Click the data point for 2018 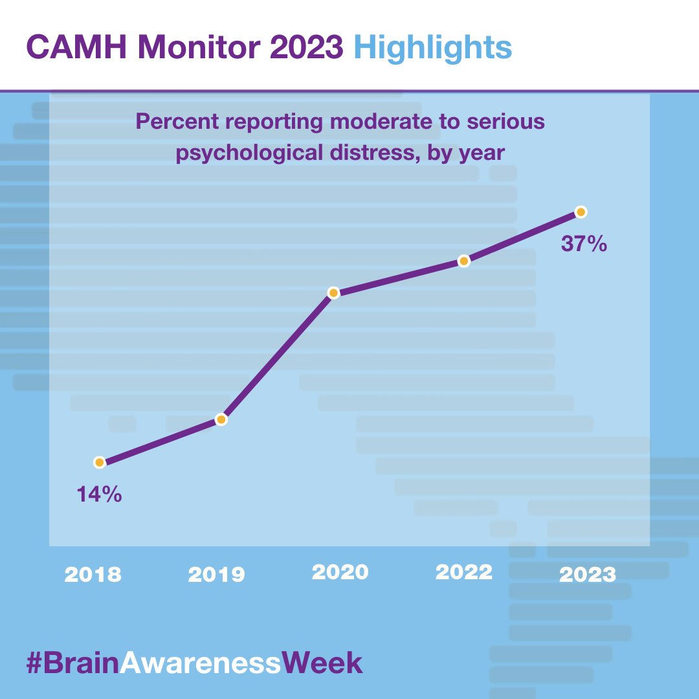click(x=99, y=462)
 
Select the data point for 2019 click(x=221, y=419)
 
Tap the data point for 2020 click(x=333, y=293)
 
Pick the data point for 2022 click(x=463, y=261)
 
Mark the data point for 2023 click(x=581, y=212)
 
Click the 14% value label click(x=99, y=494)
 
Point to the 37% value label click(x=584, y=244)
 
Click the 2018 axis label click(x=92, y=575)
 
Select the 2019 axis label click(x=216, y=575)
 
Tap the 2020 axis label click(x=340, y=572)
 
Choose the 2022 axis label click(x=463, y=572)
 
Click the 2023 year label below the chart click(x=588, y=575)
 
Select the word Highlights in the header click(x=433, y=47)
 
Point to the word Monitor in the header click(x=199, y=47)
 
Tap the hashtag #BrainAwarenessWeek click(x=194, y=664)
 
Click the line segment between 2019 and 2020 click(x=277, y=356)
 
